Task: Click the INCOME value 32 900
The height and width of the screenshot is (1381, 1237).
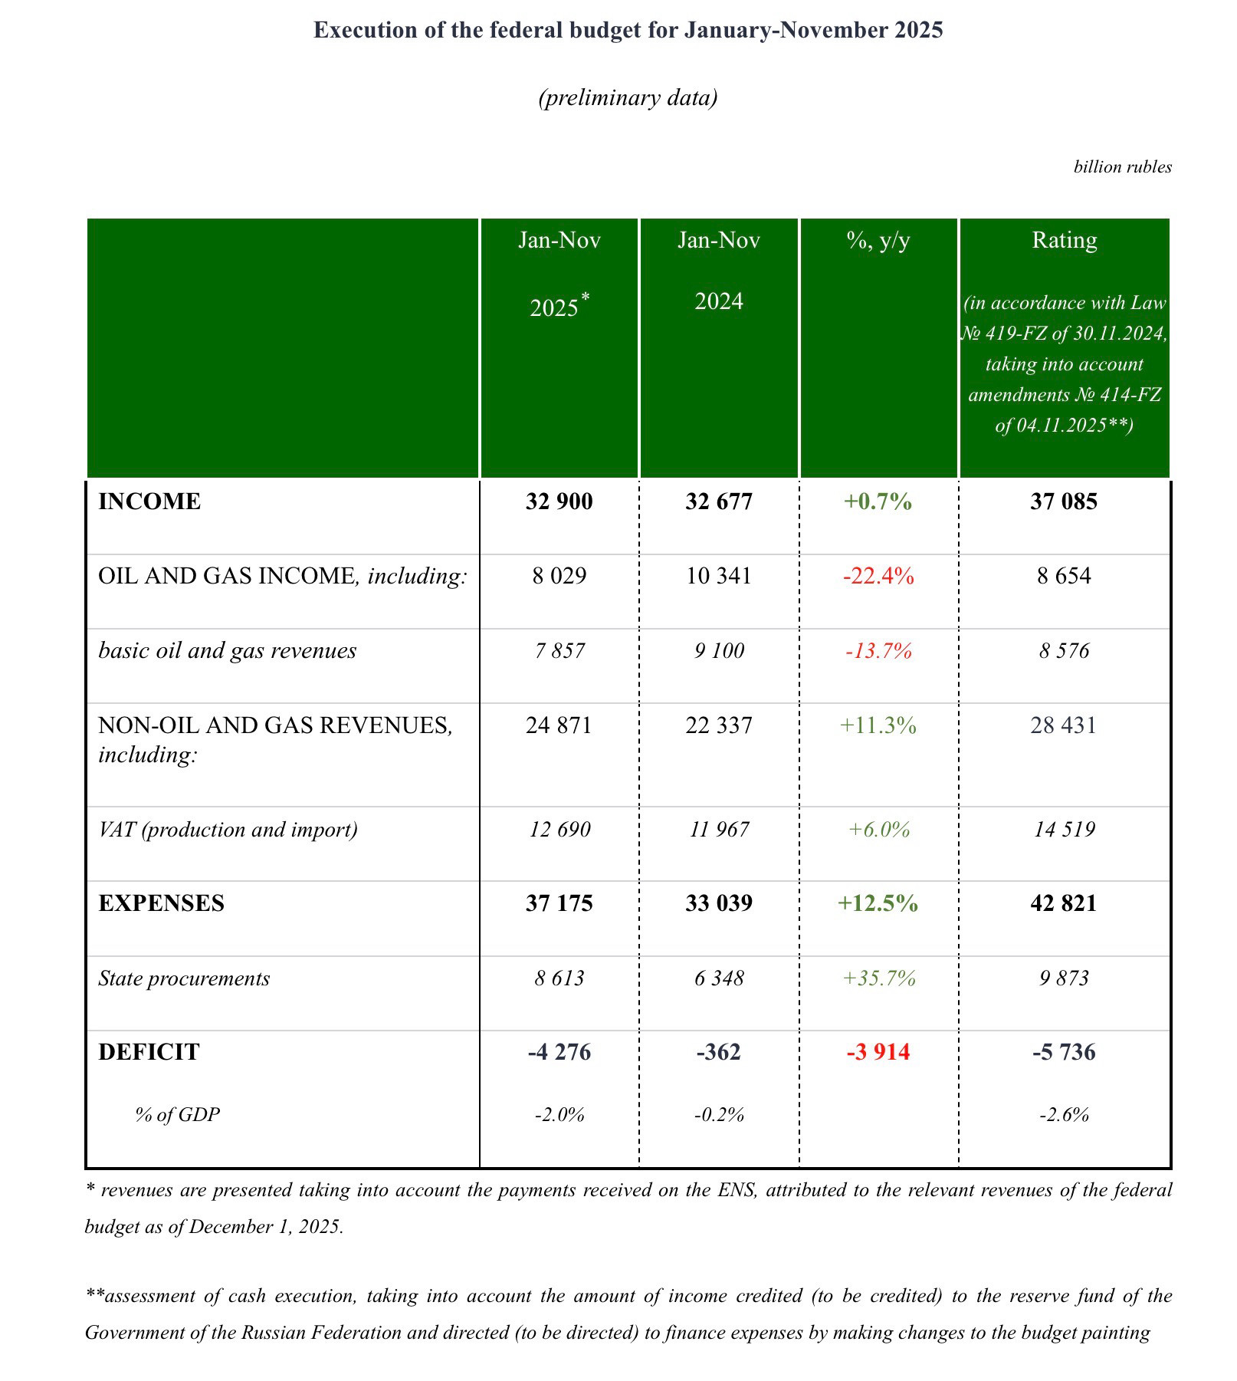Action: pyautogui.click(x=559, y=501)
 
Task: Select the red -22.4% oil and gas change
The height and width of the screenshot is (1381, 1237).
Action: pyautogui.click(x=878, y=576)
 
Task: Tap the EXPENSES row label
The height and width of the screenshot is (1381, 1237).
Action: pyautogui.click(x=161, y=903)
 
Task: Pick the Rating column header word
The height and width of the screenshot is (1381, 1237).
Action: pyautogui.click(x=1064, y=241)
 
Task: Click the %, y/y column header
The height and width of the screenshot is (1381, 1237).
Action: pyautogui.click(x=878, y=241)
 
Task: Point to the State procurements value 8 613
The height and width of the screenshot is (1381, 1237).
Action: pyautogui.click(x=559, y=978)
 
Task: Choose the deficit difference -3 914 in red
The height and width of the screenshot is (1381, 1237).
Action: pyautogui.click(x=878, y=1052)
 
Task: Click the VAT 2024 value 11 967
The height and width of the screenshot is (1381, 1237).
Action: pyautogui.click(x=718, y=830)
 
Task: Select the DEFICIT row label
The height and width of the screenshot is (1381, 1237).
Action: pyautogui.click(x=149, y=1052)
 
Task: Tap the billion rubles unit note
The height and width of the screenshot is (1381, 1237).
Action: pyautogui.click(x=1122, y=167)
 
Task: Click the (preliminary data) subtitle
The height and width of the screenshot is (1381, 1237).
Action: pyautogui.click(x=628, y=98)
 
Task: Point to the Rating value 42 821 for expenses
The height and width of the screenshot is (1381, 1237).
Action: pyautogui.click(x=1064, y=903)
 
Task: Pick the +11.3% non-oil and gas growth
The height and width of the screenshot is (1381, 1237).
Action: pyautogui.click(x=878, y=725)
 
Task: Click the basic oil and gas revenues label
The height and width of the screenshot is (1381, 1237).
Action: pyautogui.click(x=227, y=651)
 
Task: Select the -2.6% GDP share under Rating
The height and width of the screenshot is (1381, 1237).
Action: pyautogui.click(x=1064, y=1115)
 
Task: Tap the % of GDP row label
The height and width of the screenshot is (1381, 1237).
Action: pyautogui.click(x=177, y=1114)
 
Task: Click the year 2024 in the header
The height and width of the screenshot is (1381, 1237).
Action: pyautogui.click(x=718, y=301)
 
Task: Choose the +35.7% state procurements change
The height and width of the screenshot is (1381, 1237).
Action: pyautogui.click(x=878, y=978)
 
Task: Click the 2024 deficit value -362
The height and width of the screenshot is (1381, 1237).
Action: pyautogui.click(x=718, y=1052)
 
